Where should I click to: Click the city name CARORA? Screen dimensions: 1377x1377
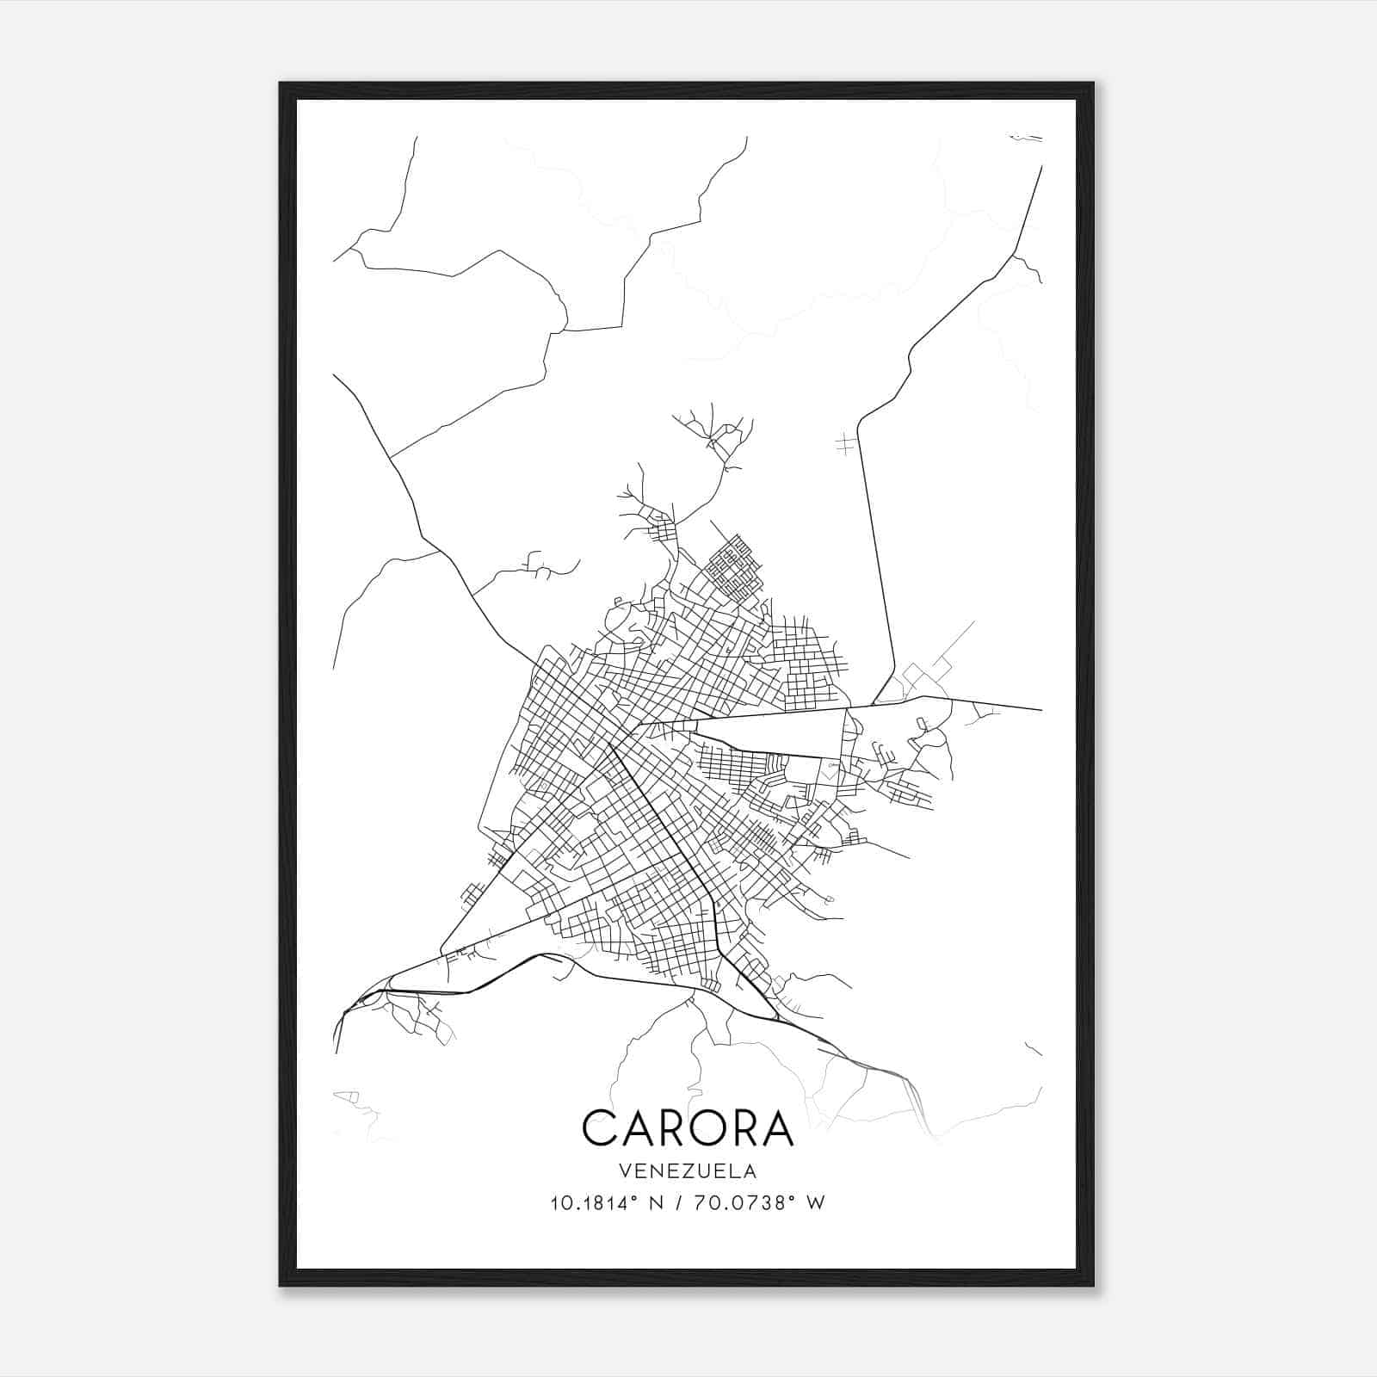point(688,1127)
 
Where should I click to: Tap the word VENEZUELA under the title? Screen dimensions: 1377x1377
point(688,1171)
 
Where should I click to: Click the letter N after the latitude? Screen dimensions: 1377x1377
point(658,1203)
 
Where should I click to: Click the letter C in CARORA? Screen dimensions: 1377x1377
point(600,1127)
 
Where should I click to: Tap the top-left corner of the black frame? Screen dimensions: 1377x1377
point(281,84)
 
